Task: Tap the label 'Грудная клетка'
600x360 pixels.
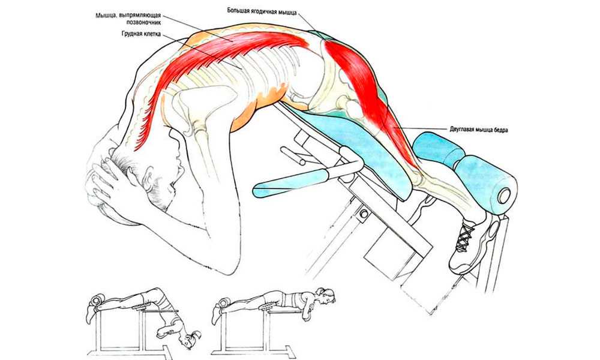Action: [140, 34]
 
